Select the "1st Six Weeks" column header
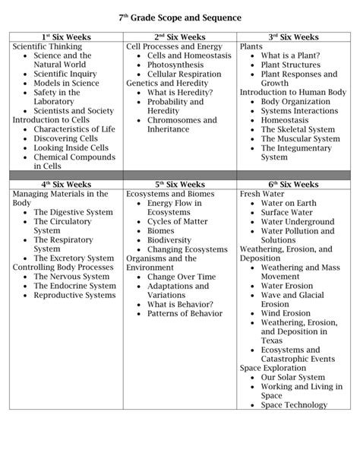pos(66,36)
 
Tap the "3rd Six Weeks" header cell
pos(293,36)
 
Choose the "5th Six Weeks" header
pos(180,184)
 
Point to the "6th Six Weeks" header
pos(293,184)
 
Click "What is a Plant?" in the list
pos(291,55)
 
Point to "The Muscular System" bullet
pos(300,138)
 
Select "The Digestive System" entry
pos(73,212)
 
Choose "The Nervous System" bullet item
pos(71,277)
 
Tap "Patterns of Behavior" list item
pos(185,313)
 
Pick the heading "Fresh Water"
pos(261,194)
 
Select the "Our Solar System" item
pos(292,377)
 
